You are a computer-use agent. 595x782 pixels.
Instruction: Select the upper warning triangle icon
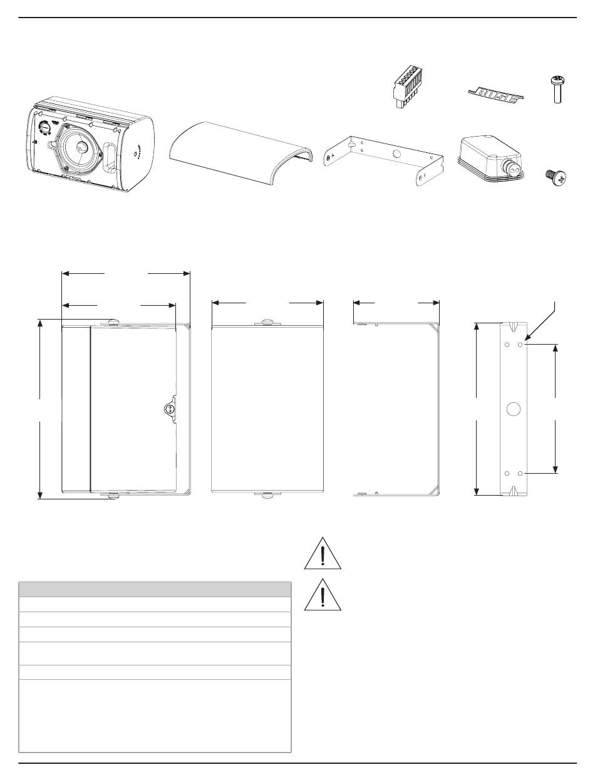323,553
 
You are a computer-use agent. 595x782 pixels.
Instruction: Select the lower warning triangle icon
323,594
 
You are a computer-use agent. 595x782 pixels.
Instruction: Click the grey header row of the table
155,588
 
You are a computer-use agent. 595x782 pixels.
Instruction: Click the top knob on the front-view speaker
267,323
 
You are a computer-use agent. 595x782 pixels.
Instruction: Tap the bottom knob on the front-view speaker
267,496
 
